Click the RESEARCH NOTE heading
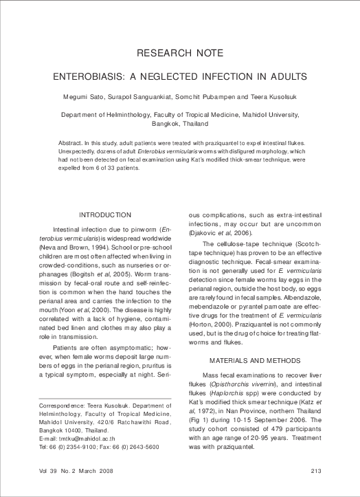tap(180, 53)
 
